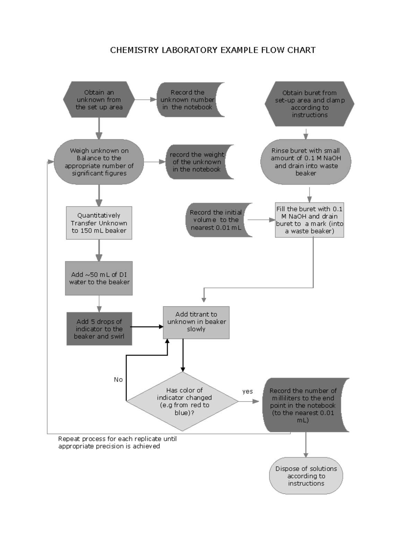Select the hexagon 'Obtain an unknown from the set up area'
[x=99, y=100]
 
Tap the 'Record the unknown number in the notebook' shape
[x=187, y=100]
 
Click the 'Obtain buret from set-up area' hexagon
[x=309, y=104]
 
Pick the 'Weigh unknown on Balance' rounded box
[x=99, y=162]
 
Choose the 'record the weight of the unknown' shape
[x=197, y=162]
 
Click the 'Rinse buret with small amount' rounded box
[x=305, y=162]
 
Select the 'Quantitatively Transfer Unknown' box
[x=99, y=223]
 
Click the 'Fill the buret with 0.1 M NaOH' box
[x=309, y=220]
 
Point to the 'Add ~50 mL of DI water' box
[x=99, y=278]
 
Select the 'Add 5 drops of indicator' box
[x=99, y=329]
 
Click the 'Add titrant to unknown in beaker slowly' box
[x=196, y=322]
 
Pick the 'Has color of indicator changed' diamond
[x=182, y=402]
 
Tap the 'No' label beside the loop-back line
[x=118, y=380]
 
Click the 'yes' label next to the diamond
[x=248, y=391]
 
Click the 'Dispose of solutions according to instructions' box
[x=306, y=476]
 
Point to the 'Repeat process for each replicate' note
[x=117, y=443]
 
